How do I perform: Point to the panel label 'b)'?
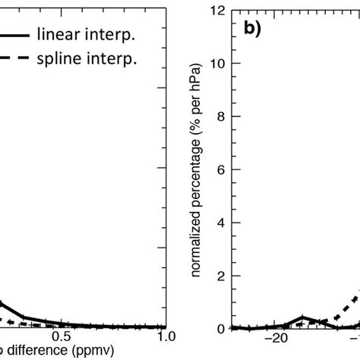click(x=254, y=32)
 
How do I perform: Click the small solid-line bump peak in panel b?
click(x=303, y=317)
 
